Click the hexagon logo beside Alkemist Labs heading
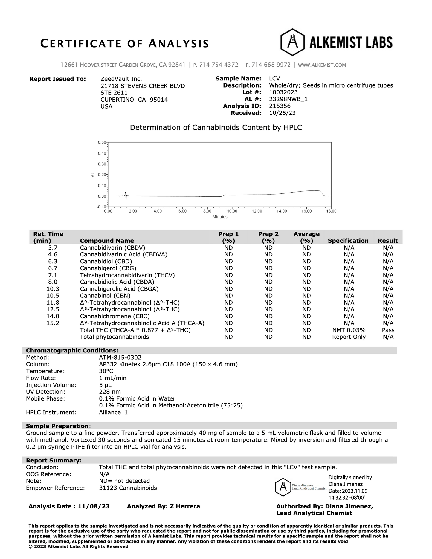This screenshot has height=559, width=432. point(292,42)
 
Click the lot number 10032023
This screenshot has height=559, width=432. point(283,92)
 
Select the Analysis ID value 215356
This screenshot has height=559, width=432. point(280,106)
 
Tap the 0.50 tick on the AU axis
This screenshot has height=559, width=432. point(102,142)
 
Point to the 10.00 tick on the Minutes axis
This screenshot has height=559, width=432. point(232,211)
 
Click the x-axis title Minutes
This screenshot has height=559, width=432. point(220,217)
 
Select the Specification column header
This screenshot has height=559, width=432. point(348,241)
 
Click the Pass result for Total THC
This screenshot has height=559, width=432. point(388,330)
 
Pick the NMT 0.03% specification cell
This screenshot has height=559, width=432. point(349,330)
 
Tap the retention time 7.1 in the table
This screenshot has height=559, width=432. point(53,275)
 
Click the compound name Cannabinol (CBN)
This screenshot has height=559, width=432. point(105,296)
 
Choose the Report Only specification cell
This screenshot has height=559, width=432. point(349,337)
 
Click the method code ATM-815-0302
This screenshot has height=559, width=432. point(120,358)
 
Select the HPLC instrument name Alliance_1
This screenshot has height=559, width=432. point(113,413)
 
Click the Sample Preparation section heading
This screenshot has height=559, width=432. point(57,426)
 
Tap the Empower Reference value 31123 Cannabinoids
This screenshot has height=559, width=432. point(128,488)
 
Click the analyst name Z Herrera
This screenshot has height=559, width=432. point(185,506)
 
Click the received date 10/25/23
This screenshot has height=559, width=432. point(282,113)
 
